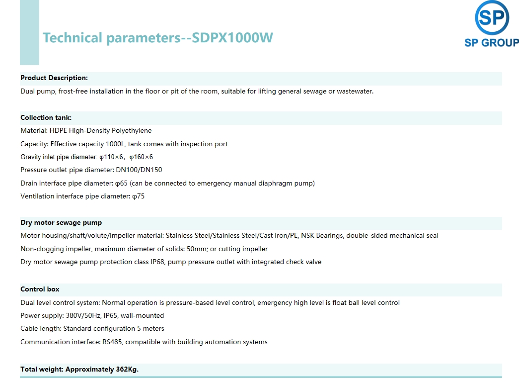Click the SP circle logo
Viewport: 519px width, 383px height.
tap(492, 17)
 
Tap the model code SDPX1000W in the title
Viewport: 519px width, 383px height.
tap(232, 37)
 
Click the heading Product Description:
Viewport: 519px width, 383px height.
tap(54, 78)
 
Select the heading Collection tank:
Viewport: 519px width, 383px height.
tap(46, 118)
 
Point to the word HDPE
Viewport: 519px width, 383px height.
tap(58, 131)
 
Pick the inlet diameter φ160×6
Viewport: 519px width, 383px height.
tap(141, 157)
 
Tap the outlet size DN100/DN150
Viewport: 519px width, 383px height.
tap(139, 170)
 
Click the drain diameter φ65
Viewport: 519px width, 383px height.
tap(121, 184)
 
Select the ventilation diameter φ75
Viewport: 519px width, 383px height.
tap(139, 196)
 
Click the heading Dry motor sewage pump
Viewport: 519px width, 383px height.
tap(61, 222)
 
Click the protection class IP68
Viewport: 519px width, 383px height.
tap(157, 262)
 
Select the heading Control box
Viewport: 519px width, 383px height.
tap(40, 289)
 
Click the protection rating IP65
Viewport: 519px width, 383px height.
tap(111, 316)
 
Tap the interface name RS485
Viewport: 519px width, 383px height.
tap(112, 342)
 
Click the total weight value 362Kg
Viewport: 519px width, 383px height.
tap(127, 370)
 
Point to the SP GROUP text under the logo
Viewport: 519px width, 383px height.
tap(492, 42)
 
